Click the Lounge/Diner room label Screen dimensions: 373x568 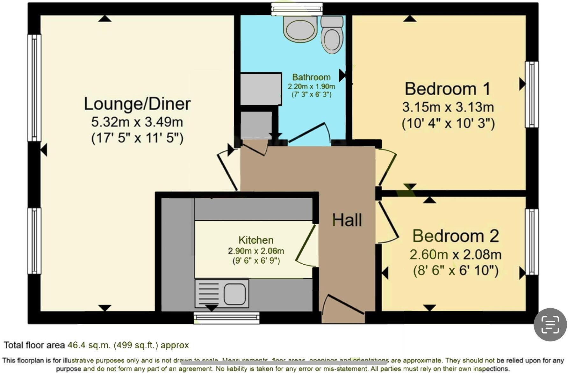pos(137,104)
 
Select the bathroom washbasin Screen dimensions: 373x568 pos(300,28)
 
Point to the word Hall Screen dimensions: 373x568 pos(347,220)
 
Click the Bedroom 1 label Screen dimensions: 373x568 pos(447,89)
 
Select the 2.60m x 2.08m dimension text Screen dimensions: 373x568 pos(455,255)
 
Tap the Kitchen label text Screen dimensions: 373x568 pos(256,240)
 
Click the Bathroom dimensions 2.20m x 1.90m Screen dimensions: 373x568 pos(311,86)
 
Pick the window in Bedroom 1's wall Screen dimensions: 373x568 pos(531,94)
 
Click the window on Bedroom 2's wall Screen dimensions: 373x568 pos(531,242)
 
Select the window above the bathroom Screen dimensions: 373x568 pos(297,9)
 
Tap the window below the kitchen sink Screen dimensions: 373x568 pos(226,318)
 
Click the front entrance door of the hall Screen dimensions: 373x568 pos(343,308)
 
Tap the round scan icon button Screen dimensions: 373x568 pos(550,325)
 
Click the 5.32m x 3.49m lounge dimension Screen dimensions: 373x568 pos(137,122)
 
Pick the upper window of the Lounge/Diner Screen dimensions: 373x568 pos(34,88)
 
